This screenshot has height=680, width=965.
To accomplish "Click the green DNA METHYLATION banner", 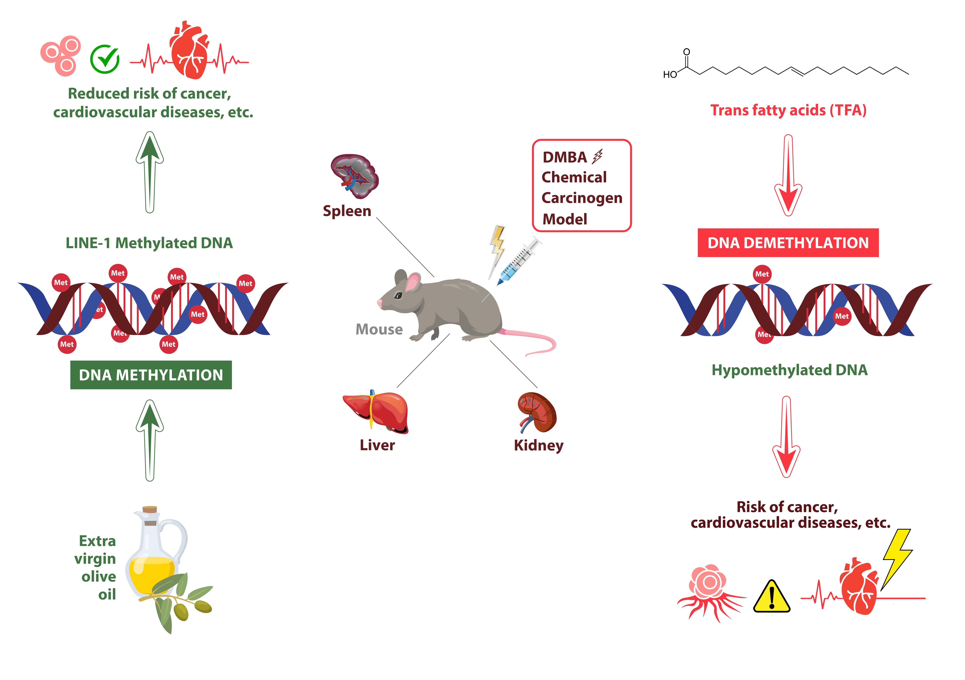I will tap(151, 375).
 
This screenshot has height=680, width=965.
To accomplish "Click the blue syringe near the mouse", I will tap(518, 262).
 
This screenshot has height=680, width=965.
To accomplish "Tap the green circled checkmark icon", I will tap(105, 59).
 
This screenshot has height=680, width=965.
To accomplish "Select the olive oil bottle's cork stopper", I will tap(150, 510).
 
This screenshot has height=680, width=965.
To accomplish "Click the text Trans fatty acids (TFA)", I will tap(788, 110).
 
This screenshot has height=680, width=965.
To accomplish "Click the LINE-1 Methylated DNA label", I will tap(149, 243).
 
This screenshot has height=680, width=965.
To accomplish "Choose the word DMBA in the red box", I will tap(565, 157).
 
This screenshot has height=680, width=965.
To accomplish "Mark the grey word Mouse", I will tap(379, 329).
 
